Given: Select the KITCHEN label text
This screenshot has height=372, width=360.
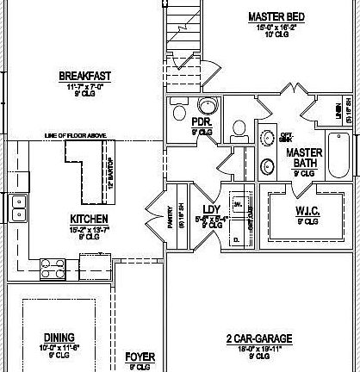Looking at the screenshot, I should coord(88,219).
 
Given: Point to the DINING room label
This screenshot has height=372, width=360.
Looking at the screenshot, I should coord(59,337).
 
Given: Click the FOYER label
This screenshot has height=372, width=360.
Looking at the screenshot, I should coord(140,355).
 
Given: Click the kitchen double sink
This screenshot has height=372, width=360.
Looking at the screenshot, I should coord(16,208).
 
